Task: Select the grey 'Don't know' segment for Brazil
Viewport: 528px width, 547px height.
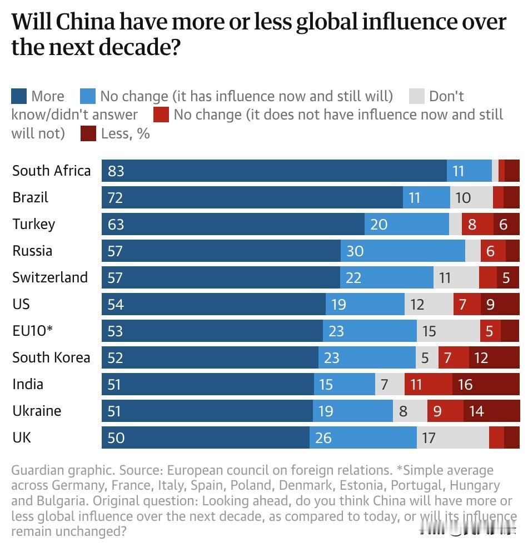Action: [x=471, y=197]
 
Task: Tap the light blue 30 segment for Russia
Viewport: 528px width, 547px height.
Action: [x=403, y=251]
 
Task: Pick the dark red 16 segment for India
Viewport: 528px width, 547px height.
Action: [x=486, y=384]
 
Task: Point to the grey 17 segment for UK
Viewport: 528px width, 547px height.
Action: [x=453, y=437]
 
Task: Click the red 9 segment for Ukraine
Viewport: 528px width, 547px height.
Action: [x=445, y=411]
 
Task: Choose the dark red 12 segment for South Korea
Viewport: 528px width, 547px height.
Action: [x=494, y=357]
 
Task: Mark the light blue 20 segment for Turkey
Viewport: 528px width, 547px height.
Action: [x=407, y=224]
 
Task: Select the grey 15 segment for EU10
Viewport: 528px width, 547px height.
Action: [x=448, y=331]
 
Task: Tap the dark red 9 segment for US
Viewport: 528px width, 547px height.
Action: [x=500, y=304]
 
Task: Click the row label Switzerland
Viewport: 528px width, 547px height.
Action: [x=50, y=277]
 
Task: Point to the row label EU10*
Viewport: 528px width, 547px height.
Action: [x=32, y=331]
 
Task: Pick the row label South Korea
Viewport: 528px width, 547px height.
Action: [x=51, y=357]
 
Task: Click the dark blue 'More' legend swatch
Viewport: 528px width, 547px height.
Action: [x=19, y=96]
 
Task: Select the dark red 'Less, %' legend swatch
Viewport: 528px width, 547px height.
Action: [x=88, y=133]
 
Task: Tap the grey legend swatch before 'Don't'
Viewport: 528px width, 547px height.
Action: [x=416, y=96]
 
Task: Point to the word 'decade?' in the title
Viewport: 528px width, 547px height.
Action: [x=140, y=48]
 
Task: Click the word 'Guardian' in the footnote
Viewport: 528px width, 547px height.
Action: [x=36, y=470]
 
